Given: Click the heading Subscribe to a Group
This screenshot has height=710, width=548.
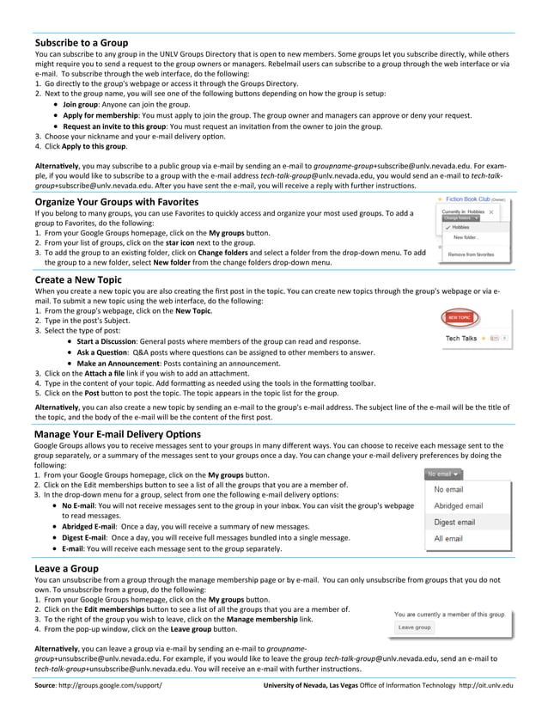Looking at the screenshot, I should (82, 42).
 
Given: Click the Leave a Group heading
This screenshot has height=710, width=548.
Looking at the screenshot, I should (66, 568).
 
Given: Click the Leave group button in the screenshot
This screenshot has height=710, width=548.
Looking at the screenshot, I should (415, 627).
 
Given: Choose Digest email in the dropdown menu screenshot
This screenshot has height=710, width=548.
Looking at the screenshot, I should (454, 522).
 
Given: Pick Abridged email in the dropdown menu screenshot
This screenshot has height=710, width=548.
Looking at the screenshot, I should (459, 505).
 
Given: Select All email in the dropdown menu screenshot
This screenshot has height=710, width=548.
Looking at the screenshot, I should (448, 539).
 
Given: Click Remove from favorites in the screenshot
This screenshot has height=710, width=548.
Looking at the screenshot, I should (472, 254).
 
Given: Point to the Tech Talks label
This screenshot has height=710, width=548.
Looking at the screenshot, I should (461, 338).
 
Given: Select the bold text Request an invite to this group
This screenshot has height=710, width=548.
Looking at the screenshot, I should (125, 125).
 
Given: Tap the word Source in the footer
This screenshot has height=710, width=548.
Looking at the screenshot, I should (46, 685).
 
